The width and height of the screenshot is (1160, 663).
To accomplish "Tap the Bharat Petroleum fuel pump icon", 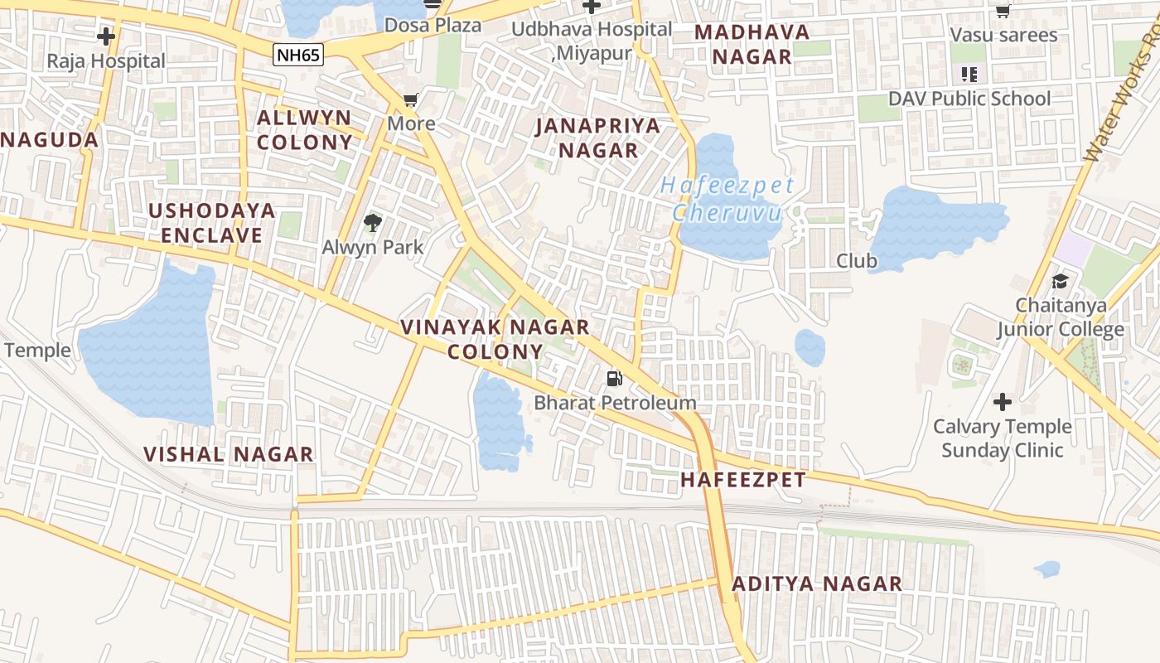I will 614,379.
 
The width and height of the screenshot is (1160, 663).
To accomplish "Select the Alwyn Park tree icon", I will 373,222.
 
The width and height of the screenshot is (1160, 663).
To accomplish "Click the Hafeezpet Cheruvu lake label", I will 727,199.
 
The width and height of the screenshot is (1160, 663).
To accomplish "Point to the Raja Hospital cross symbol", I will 106,36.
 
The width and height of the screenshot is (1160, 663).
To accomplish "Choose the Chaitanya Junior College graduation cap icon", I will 1060,281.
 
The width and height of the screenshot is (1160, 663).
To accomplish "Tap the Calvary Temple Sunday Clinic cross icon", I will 1003,403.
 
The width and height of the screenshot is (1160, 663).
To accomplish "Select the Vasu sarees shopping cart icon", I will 1003,11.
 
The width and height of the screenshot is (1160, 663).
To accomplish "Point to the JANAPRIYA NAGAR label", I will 598,138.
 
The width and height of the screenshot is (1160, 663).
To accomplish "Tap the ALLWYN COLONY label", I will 304,129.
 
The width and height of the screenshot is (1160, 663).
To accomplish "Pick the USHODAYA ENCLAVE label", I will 212,223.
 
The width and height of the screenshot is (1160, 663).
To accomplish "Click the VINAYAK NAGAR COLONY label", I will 495,339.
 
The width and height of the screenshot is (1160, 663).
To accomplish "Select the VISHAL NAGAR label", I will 229,454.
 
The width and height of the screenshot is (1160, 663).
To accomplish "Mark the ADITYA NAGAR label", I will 817,584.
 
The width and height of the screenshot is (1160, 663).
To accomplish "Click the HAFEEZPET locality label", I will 742,480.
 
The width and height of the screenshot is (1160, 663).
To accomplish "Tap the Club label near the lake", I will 856,261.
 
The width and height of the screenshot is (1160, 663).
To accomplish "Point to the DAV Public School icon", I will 969,75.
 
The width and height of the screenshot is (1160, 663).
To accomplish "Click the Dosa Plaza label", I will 434,26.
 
